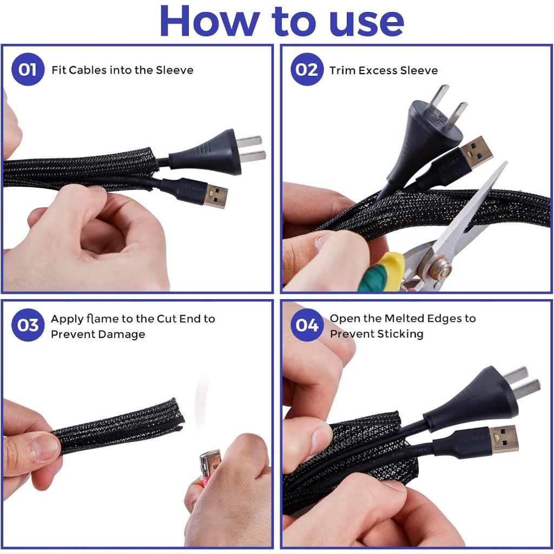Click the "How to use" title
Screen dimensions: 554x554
click(281, 21)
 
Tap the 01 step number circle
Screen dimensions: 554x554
click(28, 69)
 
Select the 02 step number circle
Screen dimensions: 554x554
click(307, 69)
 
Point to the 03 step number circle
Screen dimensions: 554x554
click(28, 325)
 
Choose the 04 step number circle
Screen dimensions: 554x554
click(307, 325)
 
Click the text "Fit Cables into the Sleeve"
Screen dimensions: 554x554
click(122, 70)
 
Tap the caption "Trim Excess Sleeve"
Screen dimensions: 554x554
click(384, 70)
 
